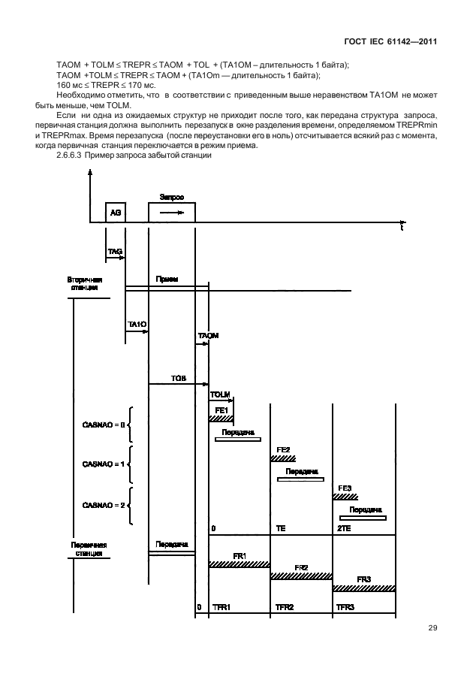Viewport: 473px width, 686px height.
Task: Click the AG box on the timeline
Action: [x=115, y=213]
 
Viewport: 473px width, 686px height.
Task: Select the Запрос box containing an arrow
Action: [x=172, y=213]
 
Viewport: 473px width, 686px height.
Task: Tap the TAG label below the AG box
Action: [x=115, y=252]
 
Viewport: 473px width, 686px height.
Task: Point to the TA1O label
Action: [x=137, y=324]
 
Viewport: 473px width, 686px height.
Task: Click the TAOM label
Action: [x=208, y=335]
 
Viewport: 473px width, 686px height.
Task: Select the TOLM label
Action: [x=220, y=394]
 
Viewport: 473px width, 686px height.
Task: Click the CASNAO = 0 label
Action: [x=103, y=425]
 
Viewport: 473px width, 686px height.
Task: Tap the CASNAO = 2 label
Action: [x=103, y=506]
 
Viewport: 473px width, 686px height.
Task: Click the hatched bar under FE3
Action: [x=345, y=497]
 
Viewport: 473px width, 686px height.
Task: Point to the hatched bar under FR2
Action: [x=300, y=576]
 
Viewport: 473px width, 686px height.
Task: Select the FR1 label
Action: [x=240, y=555]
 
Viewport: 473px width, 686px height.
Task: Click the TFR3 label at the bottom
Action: [x=346, y=606]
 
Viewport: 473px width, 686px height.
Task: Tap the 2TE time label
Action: [x=345, y=529]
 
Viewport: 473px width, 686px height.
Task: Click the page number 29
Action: [x=432, y=628]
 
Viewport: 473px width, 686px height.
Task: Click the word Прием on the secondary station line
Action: [x=167, y=279]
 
